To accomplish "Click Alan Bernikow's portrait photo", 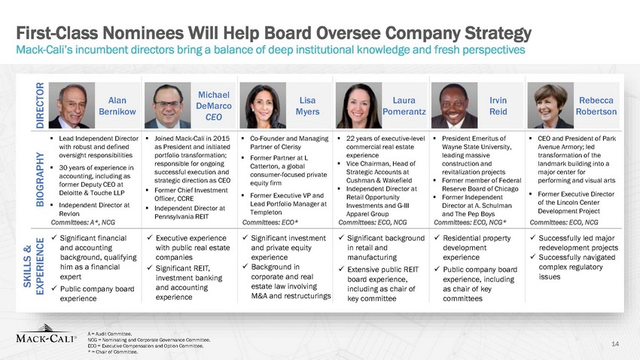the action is tap(72, 105).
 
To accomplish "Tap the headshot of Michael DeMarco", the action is tap(167, 105).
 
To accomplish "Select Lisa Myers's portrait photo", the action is tap(263, 105).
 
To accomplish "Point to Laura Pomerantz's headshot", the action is tap(358, 105).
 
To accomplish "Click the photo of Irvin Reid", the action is tap(454, 105).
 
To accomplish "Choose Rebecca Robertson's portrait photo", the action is tap(550, 105).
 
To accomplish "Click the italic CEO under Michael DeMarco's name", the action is tap(214, 117).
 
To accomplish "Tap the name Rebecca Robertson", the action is tap(596, 105).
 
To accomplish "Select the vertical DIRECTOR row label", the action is tap(40, 105).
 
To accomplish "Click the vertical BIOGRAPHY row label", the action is tap(40, 179).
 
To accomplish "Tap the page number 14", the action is tap(615, 344).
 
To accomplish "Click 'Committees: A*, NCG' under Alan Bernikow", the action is tap(83, 222).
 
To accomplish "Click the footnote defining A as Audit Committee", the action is tap(110, 334).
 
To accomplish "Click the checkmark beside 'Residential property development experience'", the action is tap(437, 237).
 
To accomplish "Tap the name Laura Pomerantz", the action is tap(404, 105).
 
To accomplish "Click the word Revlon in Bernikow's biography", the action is tap(69, 213).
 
